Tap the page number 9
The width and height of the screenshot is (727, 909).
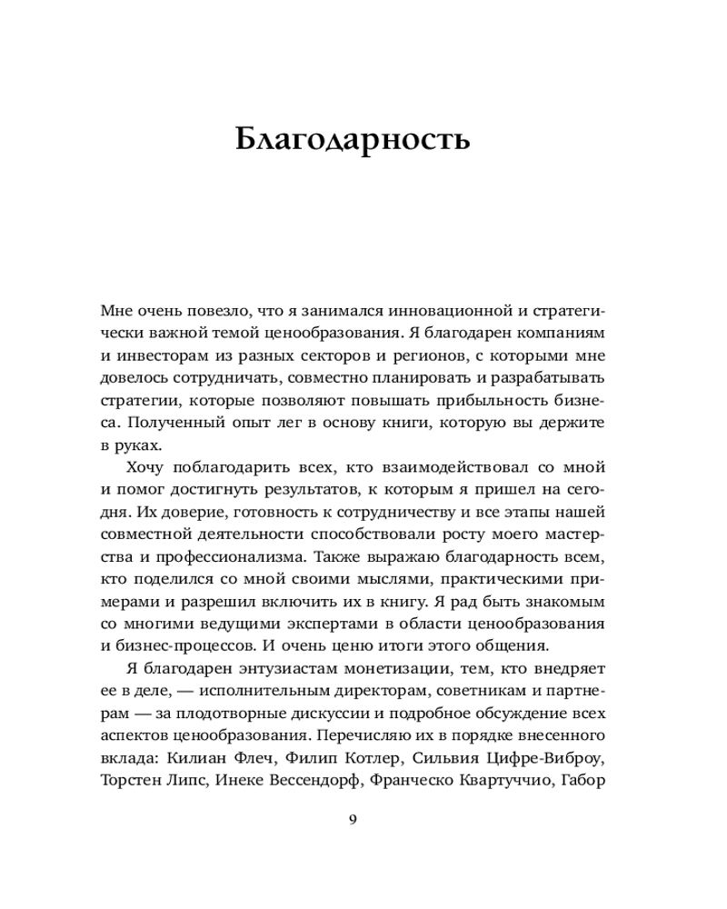pyautogui.click(x=354, y=819)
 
